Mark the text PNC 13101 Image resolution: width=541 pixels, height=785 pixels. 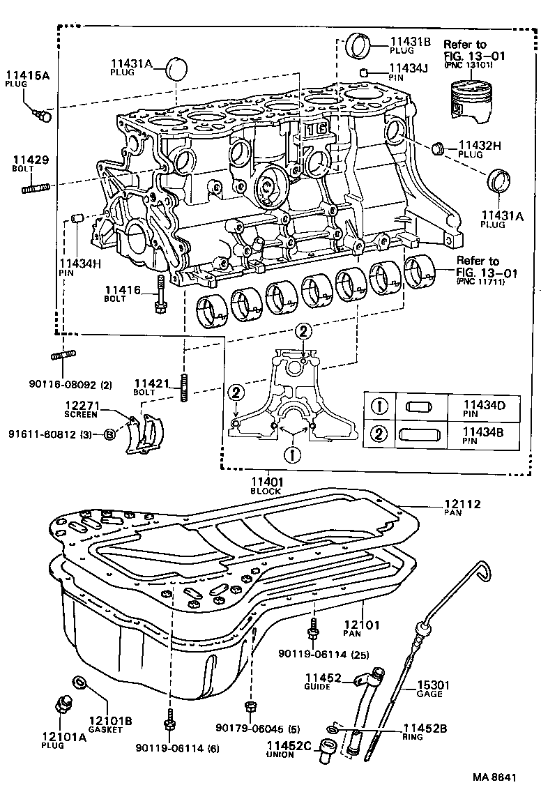click(468, 65)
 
